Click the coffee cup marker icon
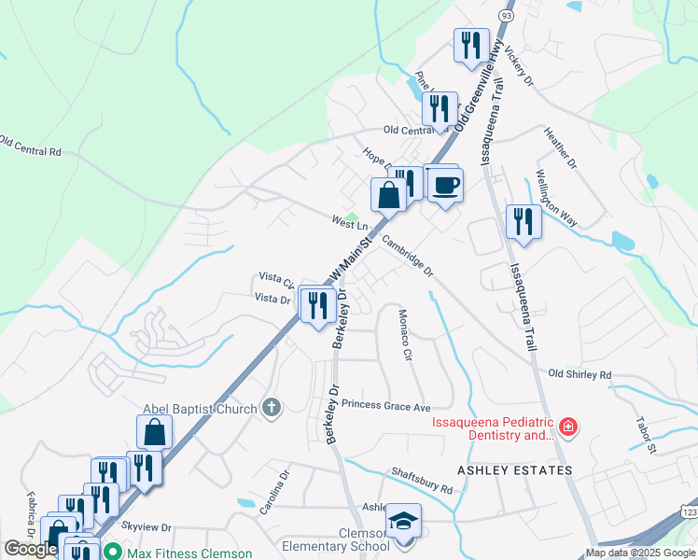click(446, 184)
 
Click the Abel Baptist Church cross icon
click(271, 407)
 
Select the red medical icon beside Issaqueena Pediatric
click(568, 428)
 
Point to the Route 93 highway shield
click(506, 16)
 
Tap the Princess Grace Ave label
click(385, 406)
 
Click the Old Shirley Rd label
click(579, 374)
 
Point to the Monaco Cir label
click(406, 335)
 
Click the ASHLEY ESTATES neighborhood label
click(514, 470)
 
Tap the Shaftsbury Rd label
click(422, 482)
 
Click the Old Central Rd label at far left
click(31, 147)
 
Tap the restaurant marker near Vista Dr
click(318, 304)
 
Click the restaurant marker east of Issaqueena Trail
click(523, 221)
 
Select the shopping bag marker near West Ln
click(388, 195)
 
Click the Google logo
click(31, 549)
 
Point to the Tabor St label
click(648, 437)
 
